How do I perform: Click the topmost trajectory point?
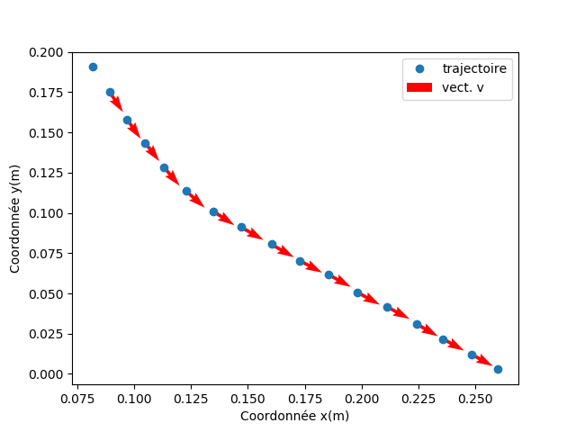point(93,67)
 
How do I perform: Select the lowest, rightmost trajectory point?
point(498,369)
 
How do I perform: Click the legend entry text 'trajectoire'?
point(473,68)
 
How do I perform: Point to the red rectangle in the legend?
point(419,87)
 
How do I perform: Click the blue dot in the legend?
point(419,68)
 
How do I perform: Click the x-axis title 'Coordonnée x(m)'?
point(294,416)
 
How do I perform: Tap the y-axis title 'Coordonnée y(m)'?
point(15,219)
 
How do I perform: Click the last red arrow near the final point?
point(483,361)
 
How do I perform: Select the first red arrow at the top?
point(116,102)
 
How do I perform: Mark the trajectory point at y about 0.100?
point(213,211)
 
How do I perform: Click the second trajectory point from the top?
point(110,92)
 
